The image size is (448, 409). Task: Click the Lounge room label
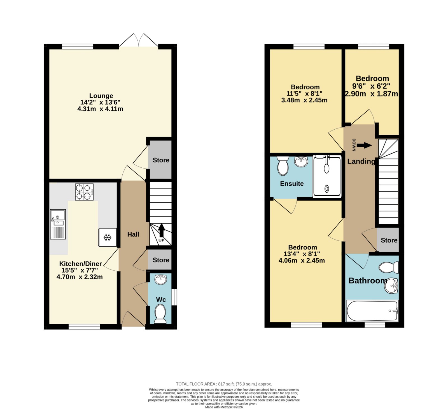(x=101, y=96)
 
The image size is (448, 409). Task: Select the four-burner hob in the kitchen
(x=84, y=192)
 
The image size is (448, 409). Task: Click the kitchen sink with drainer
(x=58, y=224)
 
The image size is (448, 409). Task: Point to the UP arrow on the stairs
(x=161, y=231)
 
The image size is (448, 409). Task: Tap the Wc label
(x=161, y=300)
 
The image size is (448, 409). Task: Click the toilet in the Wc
(x=160, y=314)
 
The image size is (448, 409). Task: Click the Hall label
(x=133, y=234)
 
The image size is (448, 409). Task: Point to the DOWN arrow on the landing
(x=364, y=145)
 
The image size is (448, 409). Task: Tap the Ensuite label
(x=292, y=184)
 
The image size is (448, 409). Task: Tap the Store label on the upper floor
(x=389, y=240)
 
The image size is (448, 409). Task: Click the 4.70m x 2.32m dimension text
(x=80, y=277)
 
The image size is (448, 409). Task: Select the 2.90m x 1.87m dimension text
(x=371, y=94)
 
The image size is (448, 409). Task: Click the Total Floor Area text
(x=224, y=384)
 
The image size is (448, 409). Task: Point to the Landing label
(x=361, y=162)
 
